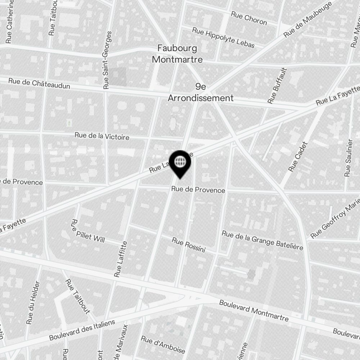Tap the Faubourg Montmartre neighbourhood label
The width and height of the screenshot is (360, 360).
coord(177,54)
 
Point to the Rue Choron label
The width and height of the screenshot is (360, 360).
coord(249,18)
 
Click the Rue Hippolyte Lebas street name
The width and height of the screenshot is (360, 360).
coord(223,37)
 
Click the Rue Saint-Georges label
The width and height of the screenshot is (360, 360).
coord(107,60)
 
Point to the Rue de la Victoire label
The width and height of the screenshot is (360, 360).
coord(102,136)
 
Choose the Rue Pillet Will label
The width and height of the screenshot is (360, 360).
coord(88,231)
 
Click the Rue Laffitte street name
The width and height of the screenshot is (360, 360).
coord(121,259)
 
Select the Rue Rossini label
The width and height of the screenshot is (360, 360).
coord(188,245)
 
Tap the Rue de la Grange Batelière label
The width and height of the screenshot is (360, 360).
coord(262,240)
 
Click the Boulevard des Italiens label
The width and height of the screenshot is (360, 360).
coord(82,329)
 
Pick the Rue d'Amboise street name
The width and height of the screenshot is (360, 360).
coord(163,345)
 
